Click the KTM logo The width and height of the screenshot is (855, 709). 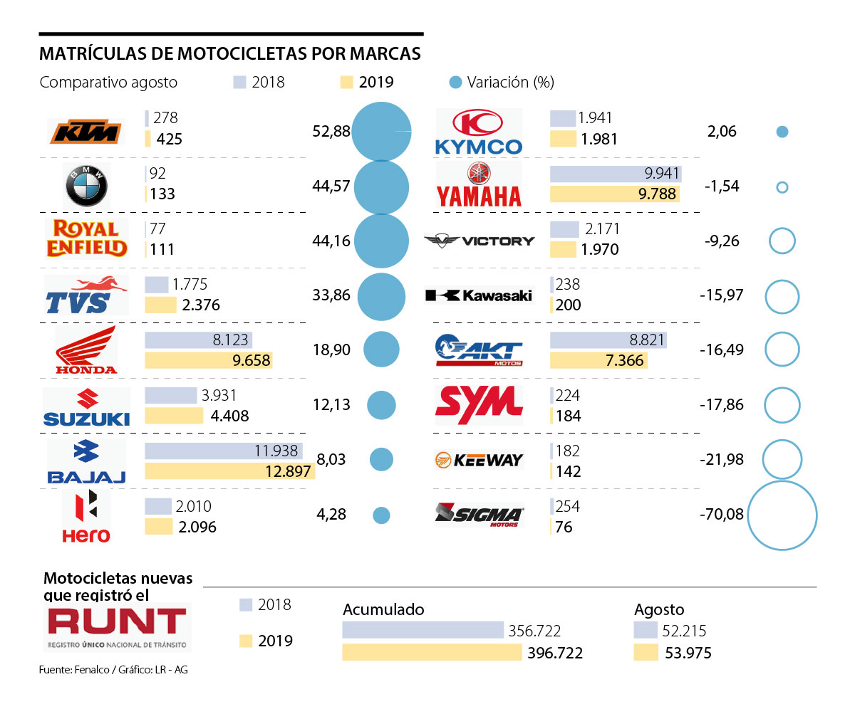(85, 132)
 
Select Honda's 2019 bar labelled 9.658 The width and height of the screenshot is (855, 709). (209, 360)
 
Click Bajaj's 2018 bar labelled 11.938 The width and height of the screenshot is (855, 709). (223, 451)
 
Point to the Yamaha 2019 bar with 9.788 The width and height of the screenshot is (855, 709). (614, 194)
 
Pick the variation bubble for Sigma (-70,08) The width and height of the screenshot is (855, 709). (782, 515)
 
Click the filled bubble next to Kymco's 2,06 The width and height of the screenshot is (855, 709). (782, 132)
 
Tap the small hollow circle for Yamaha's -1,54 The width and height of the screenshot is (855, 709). (782, 187)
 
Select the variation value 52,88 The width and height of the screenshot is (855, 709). (331, 132)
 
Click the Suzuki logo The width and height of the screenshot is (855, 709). (86, 406)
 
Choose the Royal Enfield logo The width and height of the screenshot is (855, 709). (85, 239)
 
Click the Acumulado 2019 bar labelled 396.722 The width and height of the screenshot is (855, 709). (432, 652)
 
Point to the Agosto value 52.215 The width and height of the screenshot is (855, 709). (682, 631)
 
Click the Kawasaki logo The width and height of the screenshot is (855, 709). (478, 295)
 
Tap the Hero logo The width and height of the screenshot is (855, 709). (86, 517)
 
